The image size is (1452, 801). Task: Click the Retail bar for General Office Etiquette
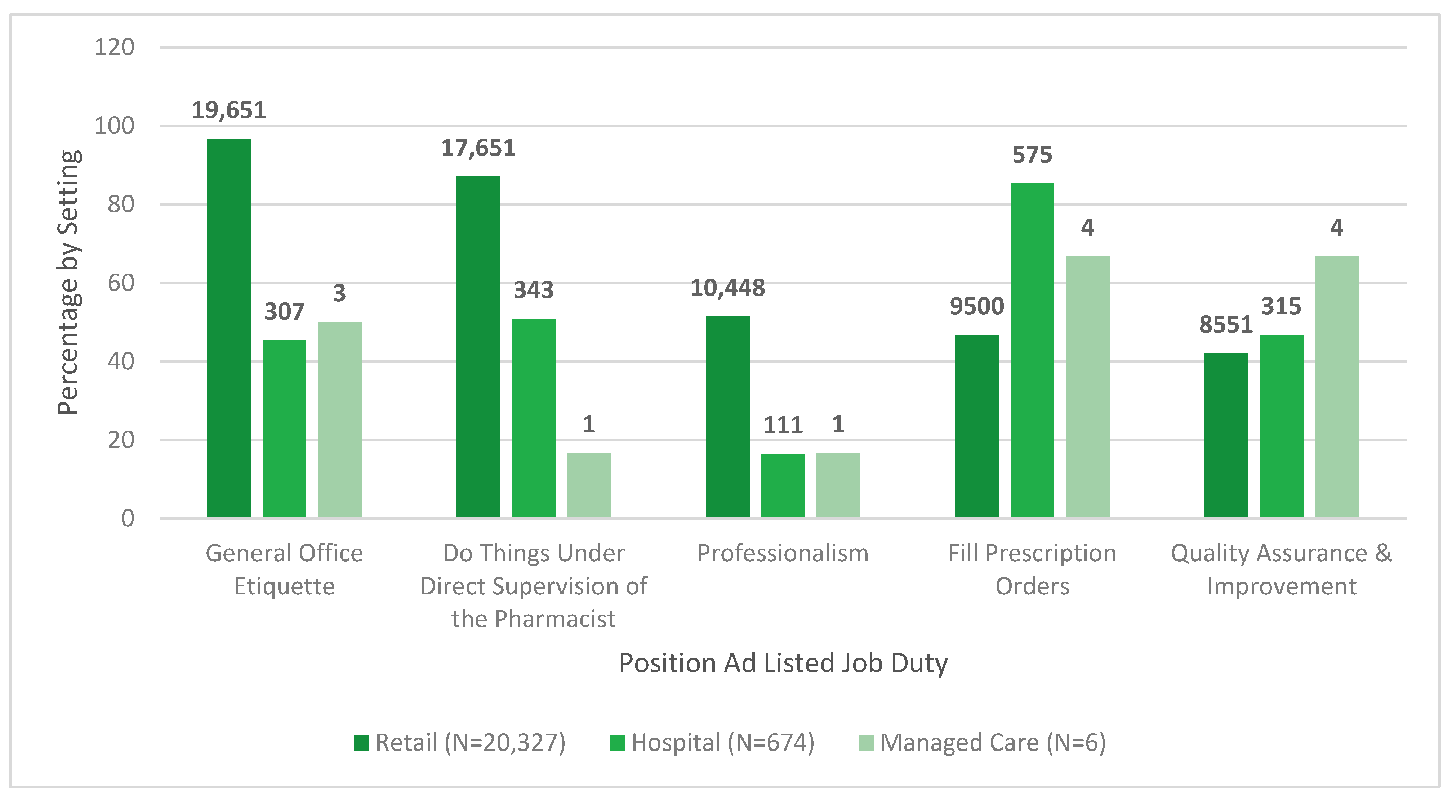(x=229, y=328)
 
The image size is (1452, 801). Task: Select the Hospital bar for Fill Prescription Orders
(x=1032, y=350)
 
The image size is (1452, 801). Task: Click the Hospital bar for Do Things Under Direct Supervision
(x=533, y=418)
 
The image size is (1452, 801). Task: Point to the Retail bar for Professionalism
(x=728, y=417)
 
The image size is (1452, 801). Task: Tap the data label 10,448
(x=728, y=288)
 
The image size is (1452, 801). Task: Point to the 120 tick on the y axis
(x=115, y=47)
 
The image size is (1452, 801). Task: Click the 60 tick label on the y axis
(x=121, y=283)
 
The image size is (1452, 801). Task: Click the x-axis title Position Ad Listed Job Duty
(x=783, y=663)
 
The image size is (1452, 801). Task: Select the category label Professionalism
(x=783, y=554)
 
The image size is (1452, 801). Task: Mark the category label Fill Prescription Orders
(x=1032, y=570)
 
